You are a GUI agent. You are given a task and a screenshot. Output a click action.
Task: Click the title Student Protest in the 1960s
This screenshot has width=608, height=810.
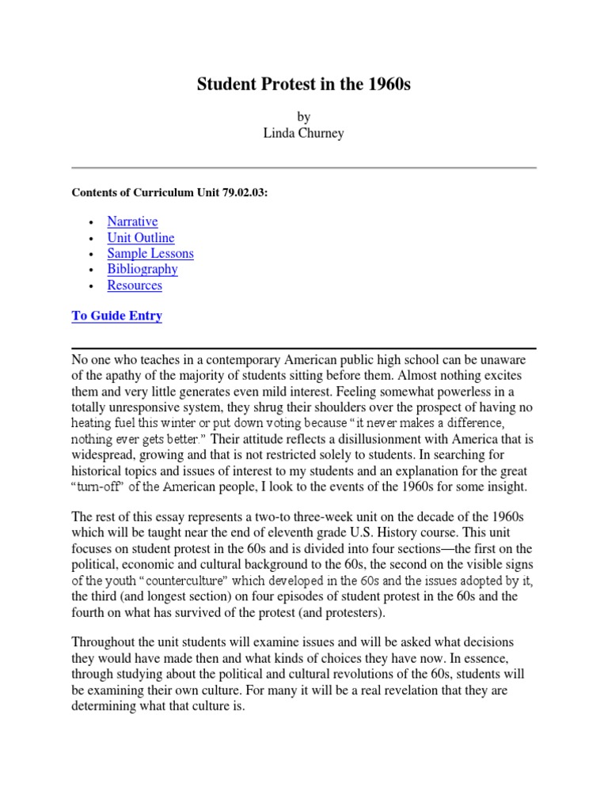tap(304, 85)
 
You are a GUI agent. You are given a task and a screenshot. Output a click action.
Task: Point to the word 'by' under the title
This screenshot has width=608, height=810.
tap(304, 116)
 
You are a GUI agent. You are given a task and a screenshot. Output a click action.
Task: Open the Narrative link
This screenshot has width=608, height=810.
tap(132, 221)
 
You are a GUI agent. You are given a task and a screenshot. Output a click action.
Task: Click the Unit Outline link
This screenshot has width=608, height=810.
tap(141, 237)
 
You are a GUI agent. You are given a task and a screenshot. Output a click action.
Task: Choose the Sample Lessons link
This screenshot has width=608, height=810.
tap(150, 253)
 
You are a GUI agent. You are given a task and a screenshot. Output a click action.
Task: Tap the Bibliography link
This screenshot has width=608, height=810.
tap(142, 269)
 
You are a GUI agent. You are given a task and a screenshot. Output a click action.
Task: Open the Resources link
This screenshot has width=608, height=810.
tap(135, 285)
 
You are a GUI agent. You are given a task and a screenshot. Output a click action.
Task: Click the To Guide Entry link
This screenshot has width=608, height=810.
tap(117, 316)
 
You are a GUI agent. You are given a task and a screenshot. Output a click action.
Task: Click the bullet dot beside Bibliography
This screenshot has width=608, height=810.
tap(93, 270)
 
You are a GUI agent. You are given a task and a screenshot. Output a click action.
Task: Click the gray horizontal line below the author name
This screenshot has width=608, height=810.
tap(304, 168)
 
